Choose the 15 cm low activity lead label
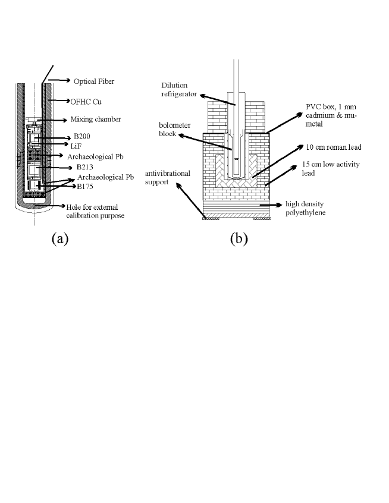point(325,166)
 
